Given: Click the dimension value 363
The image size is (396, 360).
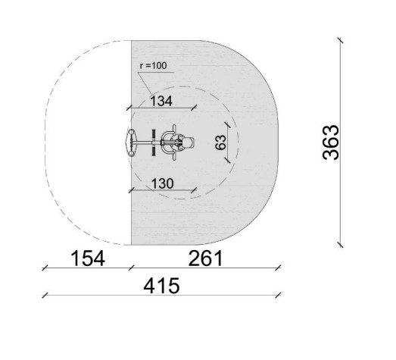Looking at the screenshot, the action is tap(331, 142).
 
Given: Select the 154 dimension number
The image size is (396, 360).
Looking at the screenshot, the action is tap(88, 258).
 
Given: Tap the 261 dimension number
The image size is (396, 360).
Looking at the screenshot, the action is tap(206, 258).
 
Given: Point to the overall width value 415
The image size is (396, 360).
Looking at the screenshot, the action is tap(161, 286).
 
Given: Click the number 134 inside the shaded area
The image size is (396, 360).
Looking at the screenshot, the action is tap(161, 101).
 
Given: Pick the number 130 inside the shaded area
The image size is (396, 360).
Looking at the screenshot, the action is tap(162, 183).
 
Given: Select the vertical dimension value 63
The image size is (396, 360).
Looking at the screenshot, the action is tap(221, 142).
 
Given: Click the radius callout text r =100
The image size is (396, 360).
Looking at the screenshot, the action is tap(153, 66).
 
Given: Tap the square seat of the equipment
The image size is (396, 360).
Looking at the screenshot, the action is tap(189, 142).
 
